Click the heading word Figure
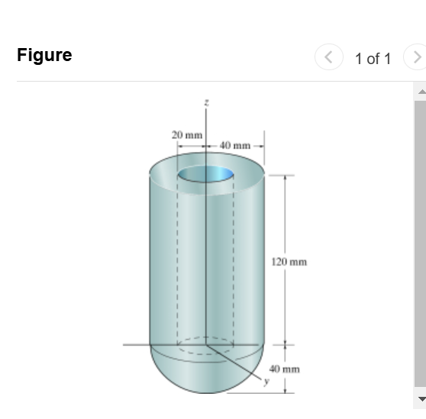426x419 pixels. coord(44,55)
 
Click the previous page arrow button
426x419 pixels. coord(329,58)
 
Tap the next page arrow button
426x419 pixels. coord(416,58)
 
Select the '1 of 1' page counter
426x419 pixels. coord(373,59)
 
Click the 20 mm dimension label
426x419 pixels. coord(186,134)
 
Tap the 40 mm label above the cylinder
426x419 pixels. coord(236,145)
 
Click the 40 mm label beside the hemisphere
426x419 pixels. coord(289,367)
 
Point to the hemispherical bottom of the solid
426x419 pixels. coord(206,378)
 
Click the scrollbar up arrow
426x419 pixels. coord(420,91)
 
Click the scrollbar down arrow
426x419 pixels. coord(420,398)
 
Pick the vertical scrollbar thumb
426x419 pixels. coord(420,244)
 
